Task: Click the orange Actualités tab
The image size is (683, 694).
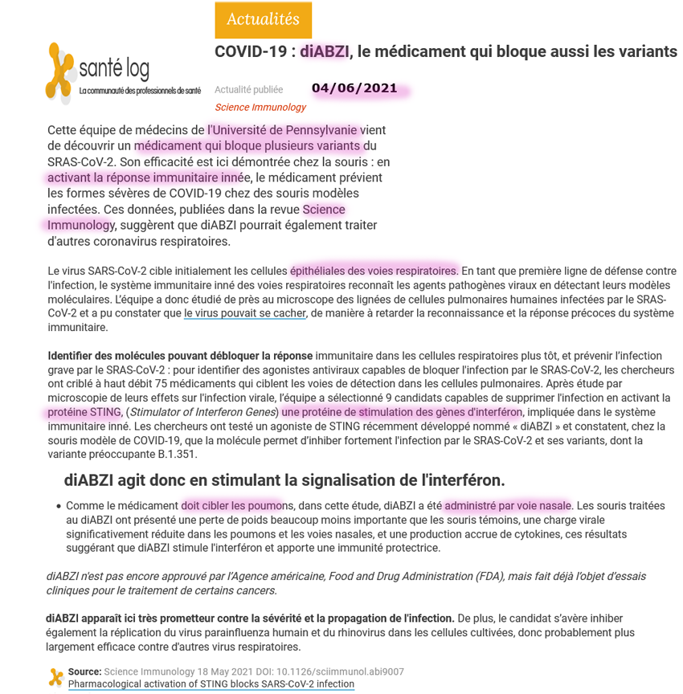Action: (x=263, y=20)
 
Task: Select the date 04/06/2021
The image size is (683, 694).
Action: (x=354, y=88)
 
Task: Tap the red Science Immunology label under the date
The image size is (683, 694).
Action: (x=260, y=107)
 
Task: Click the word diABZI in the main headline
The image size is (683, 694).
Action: (x=325, y=51)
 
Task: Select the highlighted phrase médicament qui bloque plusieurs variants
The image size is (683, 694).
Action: (x=249, y=145)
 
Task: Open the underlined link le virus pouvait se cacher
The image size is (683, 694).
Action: (x=244, y=313)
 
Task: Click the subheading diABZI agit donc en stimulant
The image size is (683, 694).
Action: (x=284, y=480)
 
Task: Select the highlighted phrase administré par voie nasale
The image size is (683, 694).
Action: (x=507, y=505)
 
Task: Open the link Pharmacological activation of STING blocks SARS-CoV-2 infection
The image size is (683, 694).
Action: (x=211, y=684)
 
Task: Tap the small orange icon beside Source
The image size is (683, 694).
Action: (x=55, y=676)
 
